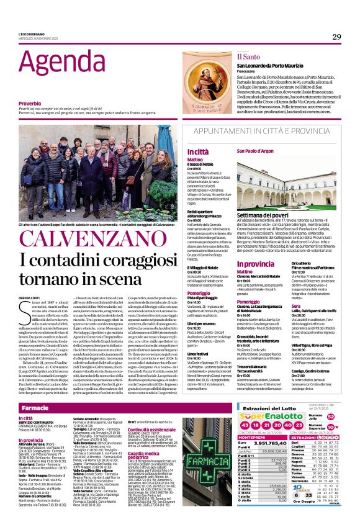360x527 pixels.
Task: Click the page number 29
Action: (x=336, y=37)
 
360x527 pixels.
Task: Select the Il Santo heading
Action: (x=230, y=56)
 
